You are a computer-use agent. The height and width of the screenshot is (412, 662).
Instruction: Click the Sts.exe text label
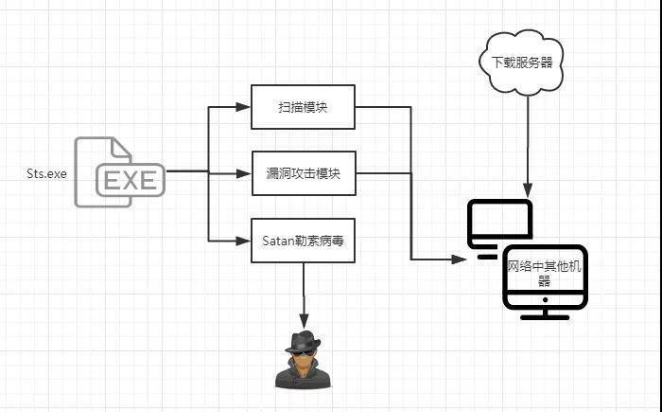[x=46, y=173]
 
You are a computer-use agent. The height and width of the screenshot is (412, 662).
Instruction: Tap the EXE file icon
[x=119, y=172]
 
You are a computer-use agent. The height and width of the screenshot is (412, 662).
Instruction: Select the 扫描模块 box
[x=304, y=107]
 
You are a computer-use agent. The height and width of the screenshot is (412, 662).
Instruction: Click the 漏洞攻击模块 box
[x=304, y=173]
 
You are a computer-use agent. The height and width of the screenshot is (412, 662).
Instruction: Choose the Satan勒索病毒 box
[x=304, y=241]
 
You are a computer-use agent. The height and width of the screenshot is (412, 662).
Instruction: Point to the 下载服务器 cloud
[x=522, y=63]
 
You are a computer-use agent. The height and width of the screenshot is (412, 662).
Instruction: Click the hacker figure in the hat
[x=303, y=360]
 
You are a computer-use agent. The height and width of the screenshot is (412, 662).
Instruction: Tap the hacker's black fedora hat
[x=303, y=342]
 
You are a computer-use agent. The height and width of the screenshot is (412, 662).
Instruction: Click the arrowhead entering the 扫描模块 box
[x=243, y=107]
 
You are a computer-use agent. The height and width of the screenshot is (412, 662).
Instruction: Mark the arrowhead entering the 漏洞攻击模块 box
[x=244, y=173]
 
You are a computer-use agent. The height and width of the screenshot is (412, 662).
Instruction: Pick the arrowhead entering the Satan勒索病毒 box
[x=243, y=241]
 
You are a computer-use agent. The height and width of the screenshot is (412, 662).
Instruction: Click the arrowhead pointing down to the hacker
[x=304, y=321]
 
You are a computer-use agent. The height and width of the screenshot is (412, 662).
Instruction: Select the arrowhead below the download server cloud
[x=528, y=190]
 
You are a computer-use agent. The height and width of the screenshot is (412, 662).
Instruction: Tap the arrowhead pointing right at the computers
[x=459, y=260]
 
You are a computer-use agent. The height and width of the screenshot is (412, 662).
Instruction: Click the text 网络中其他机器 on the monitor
[x=544, y=274]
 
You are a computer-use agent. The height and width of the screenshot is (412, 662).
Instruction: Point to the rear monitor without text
[x=499, y=228]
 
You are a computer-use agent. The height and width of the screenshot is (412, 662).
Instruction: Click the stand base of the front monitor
[x=545, y=317]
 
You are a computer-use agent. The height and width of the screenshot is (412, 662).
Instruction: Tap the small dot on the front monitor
[x=545, y=300]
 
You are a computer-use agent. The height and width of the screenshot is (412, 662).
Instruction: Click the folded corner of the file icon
[x=120, y=148]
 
